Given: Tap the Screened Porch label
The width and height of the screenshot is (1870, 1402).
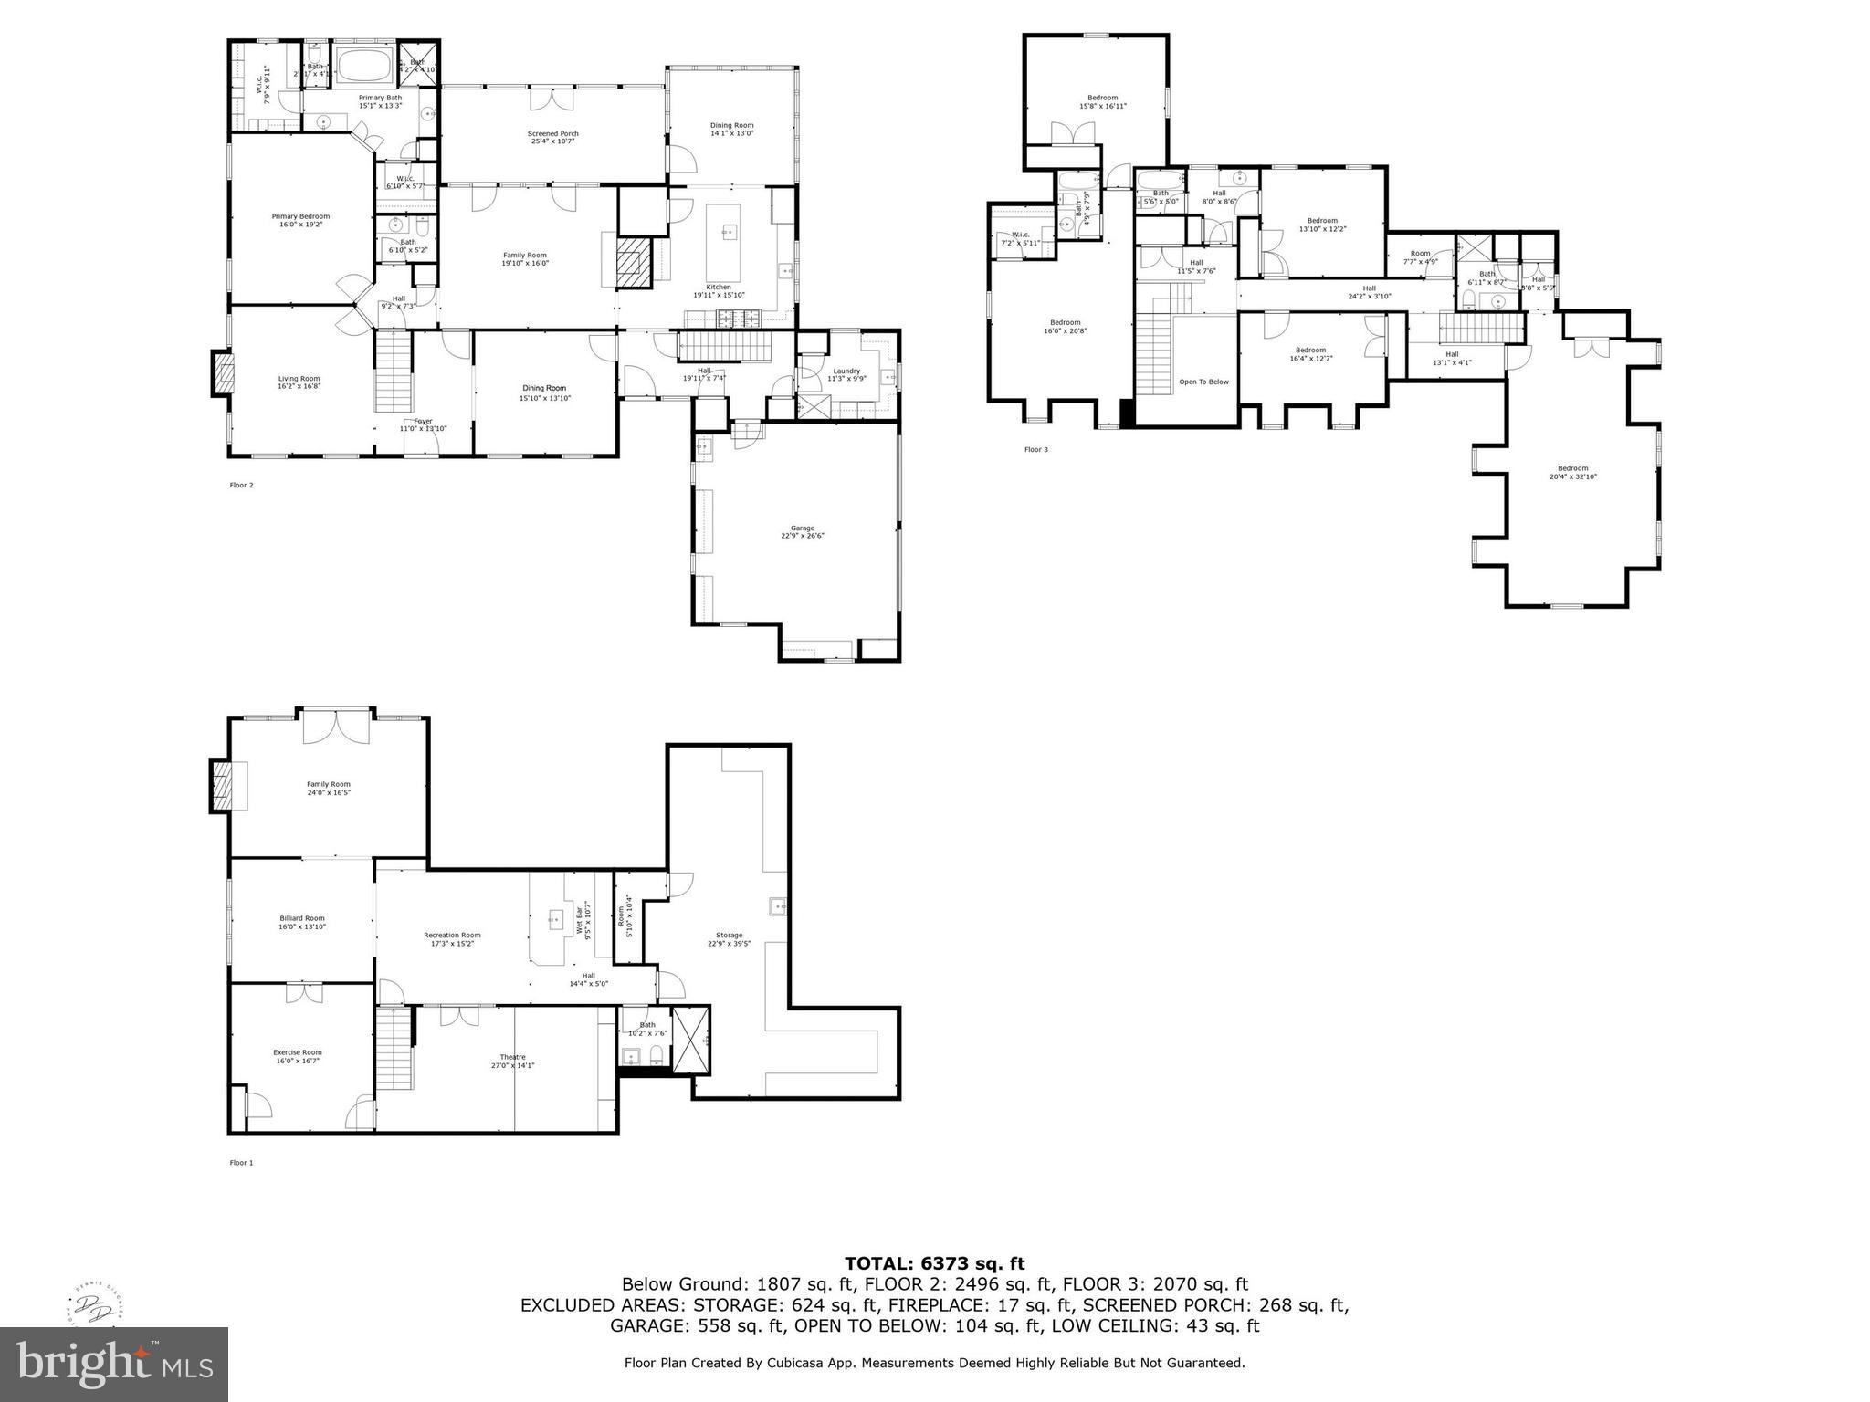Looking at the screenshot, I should pyautogui.click(x=553, y=138).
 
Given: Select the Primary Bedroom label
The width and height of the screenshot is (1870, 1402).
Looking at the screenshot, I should pyautogui.click(x=300, y=220).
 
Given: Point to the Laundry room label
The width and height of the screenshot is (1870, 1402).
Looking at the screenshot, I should pyautogui.click(x=846, y=374).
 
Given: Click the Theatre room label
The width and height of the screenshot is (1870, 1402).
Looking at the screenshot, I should pyautogui.click(x=512, y=1061).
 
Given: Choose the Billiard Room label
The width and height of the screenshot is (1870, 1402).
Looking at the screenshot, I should pyautogui.click(x=301, y=922).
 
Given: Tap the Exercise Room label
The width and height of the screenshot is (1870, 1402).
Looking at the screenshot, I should pyautogui.click(x=298, y=1056).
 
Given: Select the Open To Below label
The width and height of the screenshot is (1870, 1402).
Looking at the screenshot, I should pyautogui.click(x=1203, y=382).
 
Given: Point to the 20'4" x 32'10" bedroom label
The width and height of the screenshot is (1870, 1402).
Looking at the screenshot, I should pyautogui.click(x=1572, y=472).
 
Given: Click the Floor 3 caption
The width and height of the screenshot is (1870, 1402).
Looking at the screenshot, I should pyautogui.click(x=1035, y=449).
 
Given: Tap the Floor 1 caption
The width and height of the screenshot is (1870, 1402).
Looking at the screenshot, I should pyautogui.click(x=241, y=1163).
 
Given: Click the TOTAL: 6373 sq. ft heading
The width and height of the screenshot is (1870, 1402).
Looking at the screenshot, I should pyautogui.click(x=934, y=1263).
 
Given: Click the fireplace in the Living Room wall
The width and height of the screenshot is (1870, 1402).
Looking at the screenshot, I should pyautogui.click(x=223, y=373).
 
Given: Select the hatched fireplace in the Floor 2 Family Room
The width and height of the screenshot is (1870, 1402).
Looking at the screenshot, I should pyautogui.click(x=632, y=264).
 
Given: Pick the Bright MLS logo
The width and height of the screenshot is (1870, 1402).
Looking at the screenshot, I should pyautogui.click(x=114, y=1364).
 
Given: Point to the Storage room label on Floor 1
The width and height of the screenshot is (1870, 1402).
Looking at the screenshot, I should pyautogui.click(x=729, y=939).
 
